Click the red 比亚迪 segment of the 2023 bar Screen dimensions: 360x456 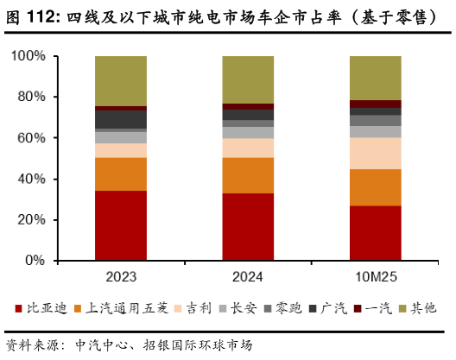tap(120, 225)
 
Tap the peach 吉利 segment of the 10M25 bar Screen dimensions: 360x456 tap(375, 153)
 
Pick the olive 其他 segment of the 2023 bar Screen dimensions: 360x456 tap(120, 80)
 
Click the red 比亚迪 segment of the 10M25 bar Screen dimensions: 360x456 tap(375, 232)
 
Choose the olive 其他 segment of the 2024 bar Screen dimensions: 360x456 tap(248, 79)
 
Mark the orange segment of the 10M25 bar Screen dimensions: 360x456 tap(375, 187)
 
